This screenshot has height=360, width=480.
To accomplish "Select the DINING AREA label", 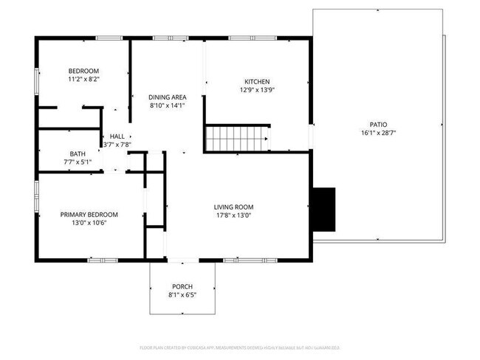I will click(167, 97).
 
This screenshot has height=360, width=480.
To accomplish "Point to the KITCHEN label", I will click(258, 81).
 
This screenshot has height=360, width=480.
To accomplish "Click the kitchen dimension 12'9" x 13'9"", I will click(258, 90).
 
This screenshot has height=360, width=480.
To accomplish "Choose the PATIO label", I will click(378, 125).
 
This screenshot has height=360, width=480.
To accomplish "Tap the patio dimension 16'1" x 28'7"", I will click(378, 134).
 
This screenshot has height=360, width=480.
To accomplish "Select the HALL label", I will click(117, 136).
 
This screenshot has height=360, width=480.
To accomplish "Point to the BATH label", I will click(78, 153).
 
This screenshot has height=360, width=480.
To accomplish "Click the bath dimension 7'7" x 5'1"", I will click(78, 162).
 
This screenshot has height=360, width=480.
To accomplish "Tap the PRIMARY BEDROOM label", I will click(89, 214).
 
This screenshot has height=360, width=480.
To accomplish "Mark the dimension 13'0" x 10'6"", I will click(89, 223).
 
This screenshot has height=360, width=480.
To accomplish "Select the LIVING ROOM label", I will click(234, 207).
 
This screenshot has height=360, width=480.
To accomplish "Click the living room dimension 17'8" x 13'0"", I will click(234, 215).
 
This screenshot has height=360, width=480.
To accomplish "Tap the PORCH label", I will click(182, 286).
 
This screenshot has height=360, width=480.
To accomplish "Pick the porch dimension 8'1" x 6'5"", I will click(182, 295).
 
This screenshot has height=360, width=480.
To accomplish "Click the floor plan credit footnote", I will click(239, 347).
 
